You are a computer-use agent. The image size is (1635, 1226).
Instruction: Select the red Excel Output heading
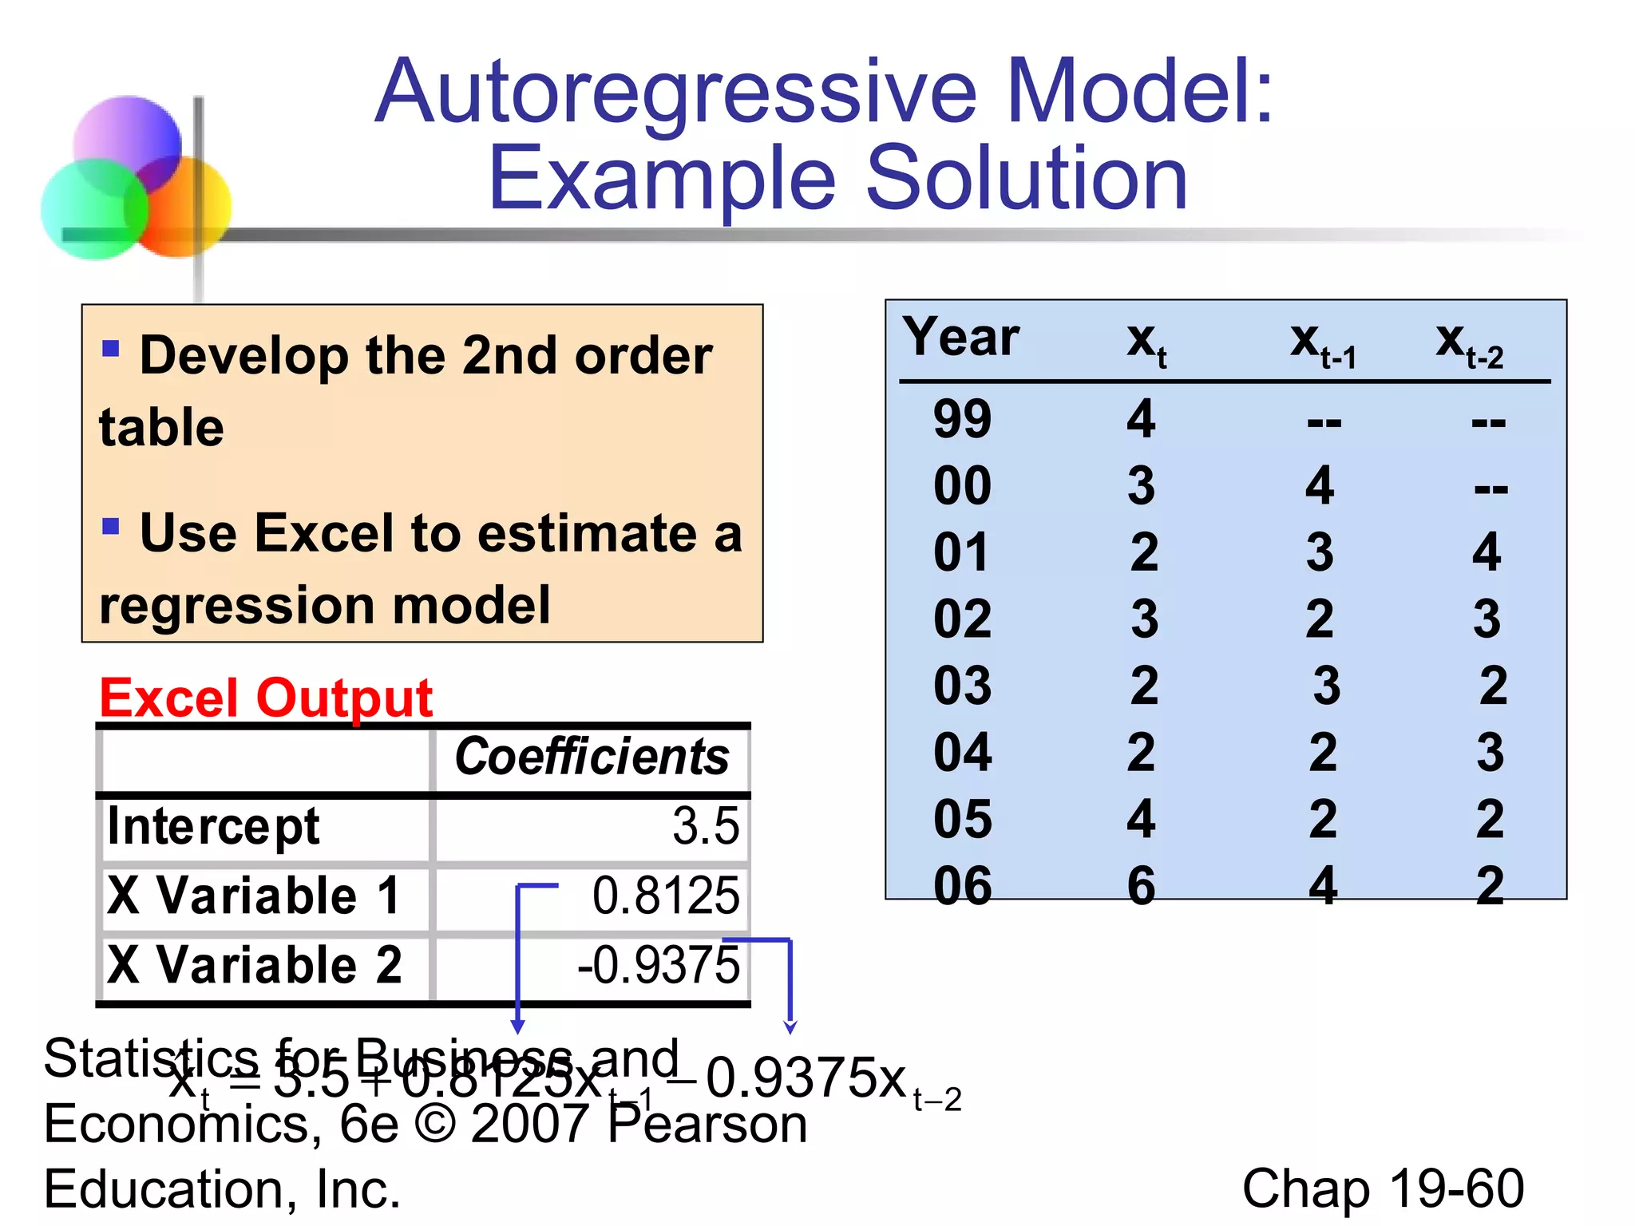[x=266, y=698]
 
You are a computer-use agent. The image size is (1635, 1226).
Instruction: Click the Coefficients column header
[x=592, y=757]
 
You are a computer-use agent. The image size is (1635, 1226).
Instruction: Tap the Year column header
[x=961, y=337]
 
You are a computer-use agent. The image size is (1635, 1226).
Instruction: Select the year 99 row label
[x=962, y=419]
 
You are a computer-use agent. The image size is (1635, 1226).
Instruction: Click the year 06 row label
[x=962, y=886]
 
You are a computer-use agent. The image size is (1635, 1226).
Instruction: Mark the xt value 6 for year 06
[x=1141, y=886]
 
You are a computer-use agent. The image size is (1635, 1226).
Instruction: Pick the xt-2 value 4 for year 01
[x=1487, y=552]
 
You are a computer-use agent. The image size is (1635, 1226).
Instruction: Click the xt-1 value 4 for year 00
[x=1320, y=485]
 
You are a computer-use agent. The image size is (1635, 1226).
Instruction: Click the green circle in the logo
[x=92, y=210]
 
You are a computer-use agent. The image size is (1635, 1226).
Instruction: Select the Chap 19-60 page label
[x=1383, y=1188]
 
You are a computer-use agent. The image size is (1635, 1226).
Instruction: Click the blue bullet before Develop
[x=111, y=348]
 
